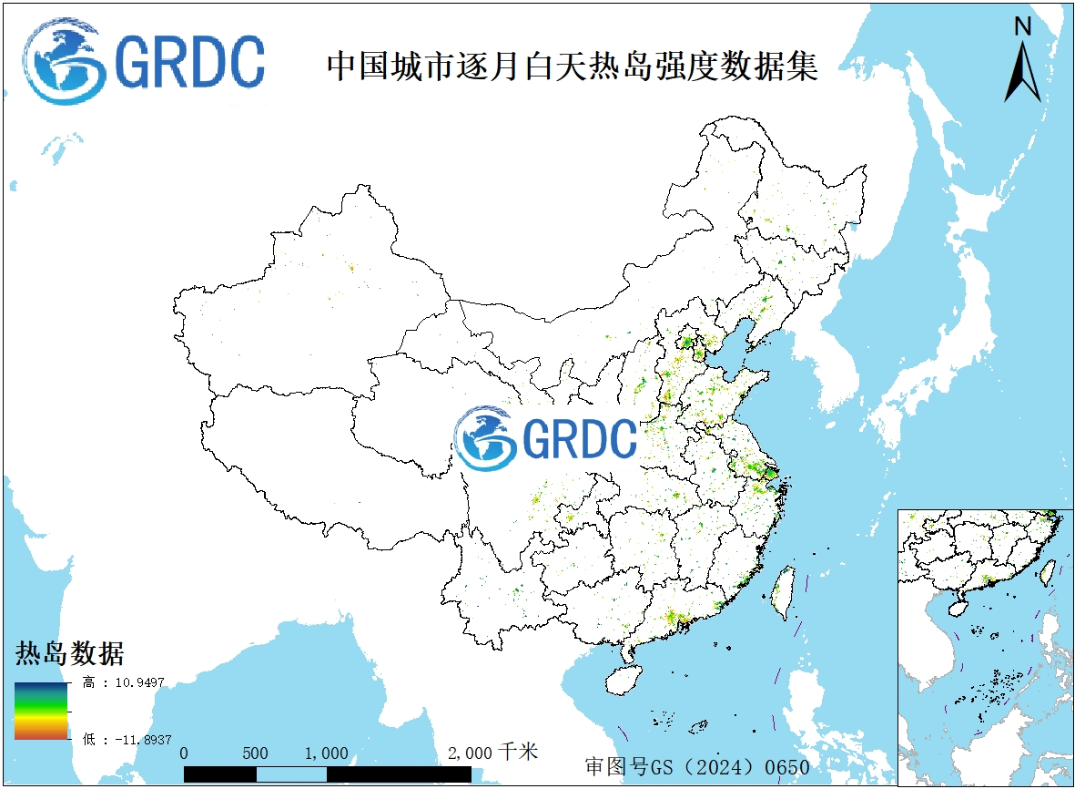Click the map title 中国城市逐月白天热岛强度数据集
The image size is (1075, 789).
pyautogui.click(x=572, y=66)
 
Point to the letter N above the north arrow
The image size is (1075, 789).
pyautogui.click(x=1022, y=27)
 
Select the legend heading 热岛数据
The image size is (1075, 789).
pyautogui.click(x=69, y=653)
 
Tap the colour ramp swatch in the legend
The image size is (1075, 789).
pyautogui.click(x=40, y=711)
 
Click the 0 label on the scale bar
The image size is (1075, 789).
pyautogui.click(x=185, y=753)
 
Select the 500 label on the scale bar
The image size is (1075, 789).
pyautogui.click(x=256, y=753)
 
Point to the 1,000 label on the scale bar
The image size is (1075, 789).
pyautogui.click(x=326, y=753)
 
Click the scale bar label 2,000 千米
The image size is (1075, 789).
pyautogui.click(x=492, y=753)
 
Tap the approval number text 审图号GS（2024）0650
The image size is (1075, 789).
pyautogui.click(x=697, y=766)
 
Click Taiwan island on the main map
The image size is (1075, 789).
pyautogui.click(x=781, y=592)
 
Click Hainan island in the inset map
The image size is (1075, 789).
pyautogui.click(x=958, y=604)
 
